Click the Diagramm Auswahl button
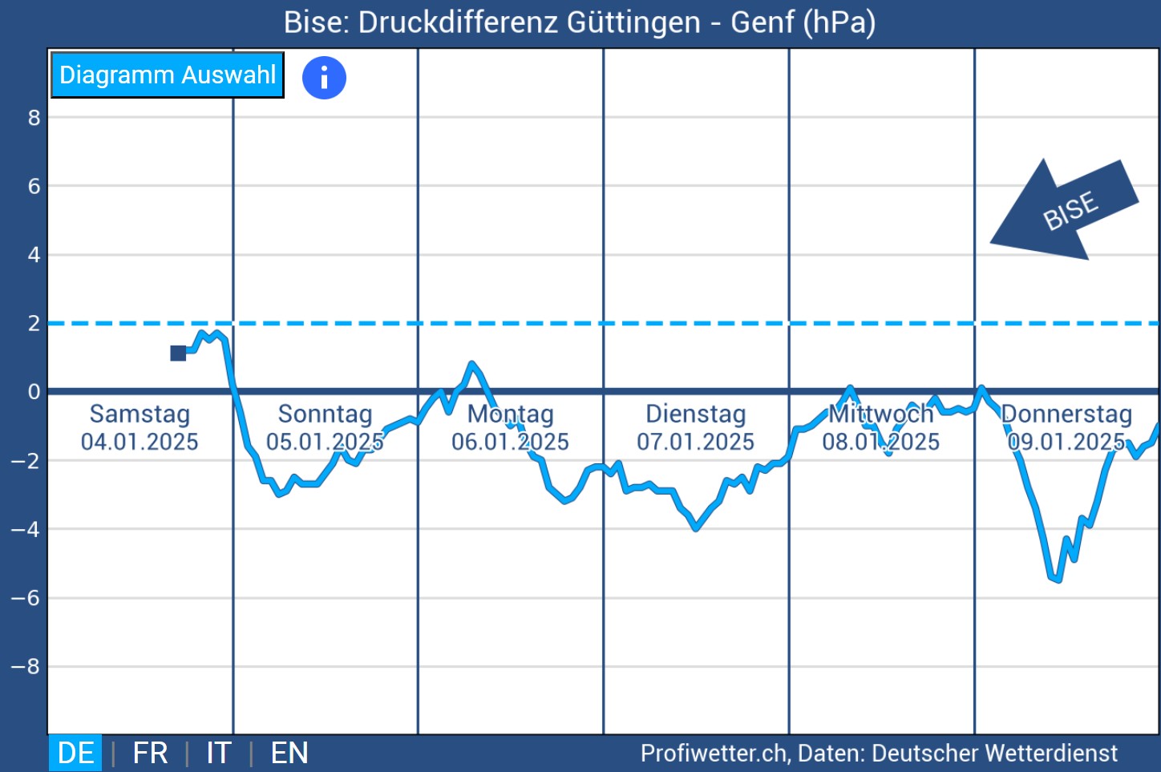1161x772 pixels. coord(168,75)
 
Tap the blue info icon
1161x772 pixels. coord(324,78)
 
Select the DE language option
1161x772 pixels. coord(76,754)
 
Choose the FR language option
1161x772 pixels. coord(150,754)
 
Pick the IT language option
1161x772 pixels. coord(218,754)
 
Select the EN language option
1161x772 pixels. coord(289,754)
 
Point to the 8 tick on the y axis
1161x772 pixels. coord(34,118)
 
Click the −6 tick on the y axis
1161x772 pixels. coord(26,598)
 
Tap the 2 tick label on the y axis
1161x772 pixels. coord(34,324)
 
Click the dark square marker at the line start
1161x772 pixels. coord(178,354)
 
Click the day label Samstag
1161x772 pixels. coord(140,414)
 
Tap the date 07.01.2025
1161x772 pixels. coord(695,442)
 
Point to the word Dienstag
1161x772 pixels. coord(695,414)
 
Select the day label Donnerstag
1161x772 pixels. coord(1066,414)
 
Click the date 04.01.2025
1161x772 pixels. coord(140,442)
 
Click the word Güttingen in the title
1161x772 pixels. coord(633,22)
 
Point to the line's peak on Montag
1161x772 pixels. coord(472,364)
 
